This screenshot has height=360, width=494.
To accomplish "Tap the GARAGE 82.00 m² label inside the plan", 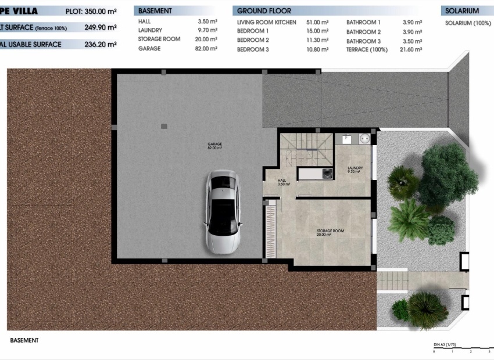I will [x=215, y=146].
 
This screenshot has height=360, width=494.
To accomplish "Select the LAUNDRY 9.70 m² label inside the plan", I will [x=355, y=170].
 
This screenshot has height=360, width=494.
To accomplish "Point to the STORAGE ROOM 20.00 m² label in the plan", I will [x=330, y=233].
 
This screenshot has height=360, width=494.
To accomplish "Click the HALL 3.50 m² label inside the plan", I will [x=282, y=182].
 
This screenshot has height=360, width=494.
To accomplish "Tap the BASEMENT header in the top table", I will [x=155, y=11].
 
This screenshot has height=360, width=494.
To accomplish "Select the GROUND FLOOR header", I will [x=264, y=11].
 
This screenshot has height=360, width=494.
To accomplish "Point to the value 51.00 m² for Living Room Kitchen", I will [x=317, y=22].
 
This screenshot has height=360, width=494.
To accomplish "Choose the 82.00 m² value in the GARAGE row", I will [x=207, y=49].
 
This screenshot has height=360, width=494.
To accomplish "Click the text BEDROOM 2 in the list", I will [x=253, y=41].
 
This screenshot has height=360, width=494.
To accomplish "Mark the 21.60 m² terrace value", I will [x=410, y=50].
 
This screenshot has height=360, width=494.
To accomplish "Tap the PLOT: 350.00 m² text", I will [x=91, y=11].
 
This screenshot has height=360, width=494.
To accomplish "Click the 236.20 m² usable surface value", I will [x=101, y=44].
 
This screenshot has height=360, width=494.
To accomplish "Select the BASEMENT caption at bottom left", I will [x=24, y=340].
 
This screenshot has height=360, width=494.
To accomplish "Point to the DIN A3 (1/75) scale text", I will [x=445, y=345].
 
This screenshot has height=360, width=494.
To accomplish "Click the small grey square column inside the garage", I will [x=164, y=125].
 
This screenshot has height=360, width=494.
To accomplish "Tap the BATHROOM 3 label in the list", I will [x=363, y=41].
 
